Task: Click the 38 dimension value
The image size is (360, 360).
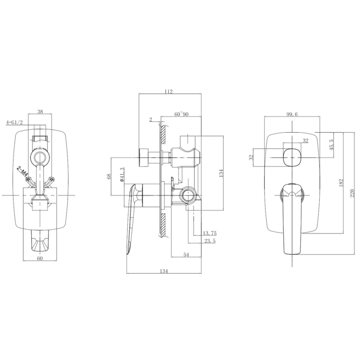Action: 40,112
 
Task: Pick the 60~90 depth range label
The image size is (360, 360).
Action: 181,114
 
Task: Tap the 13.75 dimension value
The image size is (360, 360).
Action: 210,233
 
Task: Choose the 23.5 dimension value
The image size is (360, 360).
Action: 210,242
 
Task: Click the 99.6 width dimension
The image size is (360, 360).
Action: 292,114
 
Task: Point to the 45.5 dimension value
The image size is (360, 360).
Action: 331,144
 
